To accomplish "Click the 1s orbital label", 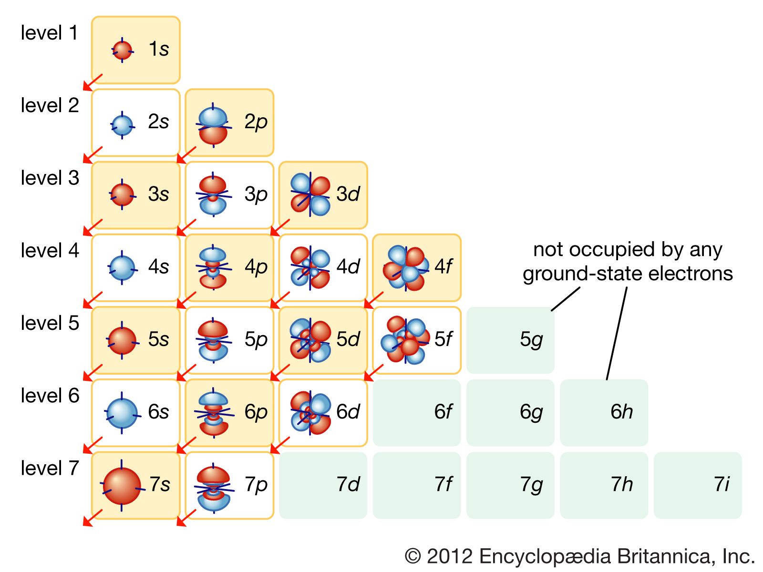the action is pos(159,49).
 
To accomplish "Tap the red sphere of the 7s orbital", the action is pos(122,486).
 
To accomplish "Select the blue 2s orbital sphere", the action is pos(122,125).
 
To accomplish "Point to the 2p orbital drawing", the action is pos(213,125).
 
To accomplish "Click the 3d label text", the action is pos(348,194).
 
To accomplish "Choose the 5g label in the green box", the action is pos(531,340).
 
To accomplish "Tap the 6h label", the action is pos(621,411).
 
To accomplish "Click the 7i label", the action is pos(722,484).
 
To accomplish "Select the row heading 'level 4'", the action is pos(50,250).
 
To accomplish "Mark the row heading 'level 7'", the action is pos(50,468).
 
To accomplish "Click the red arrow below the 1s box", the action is pos(93,82).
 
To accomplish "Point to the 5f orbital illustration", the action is pos(405,340).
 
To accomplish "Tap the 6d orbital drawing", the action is pos(310,413).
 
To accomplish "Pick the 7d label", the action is pos(348,484).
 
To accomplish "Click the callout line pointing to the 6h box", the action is pos(617,333).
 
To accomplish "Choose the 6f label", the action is pos(443,411).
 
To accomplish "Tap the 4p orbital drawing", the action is pos(213,267).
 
